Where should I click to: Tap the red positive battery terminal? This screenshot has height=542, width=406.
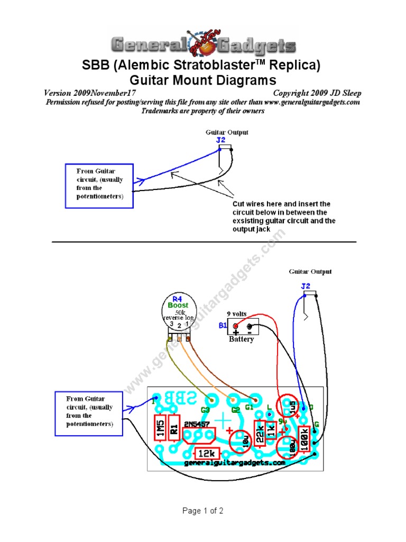pyautogui.click(x=236, y=327)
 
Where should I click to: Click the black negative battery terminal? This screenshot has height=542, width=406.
pyautogui.click(x=250, y=327)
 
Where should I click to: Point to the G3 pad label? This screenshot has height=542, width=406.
pyautogui.click(x=206, y=409)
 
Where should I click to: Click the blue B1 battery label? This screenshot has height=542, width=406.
pyautogui.click(x=224, y=326)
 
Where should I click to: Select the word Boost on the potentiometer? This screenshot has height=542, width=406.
pyautogui.click(x=178, y=305)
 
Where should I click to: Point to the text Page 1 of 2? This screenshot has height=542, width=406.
pyautogui.click(x=203, y=511)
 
